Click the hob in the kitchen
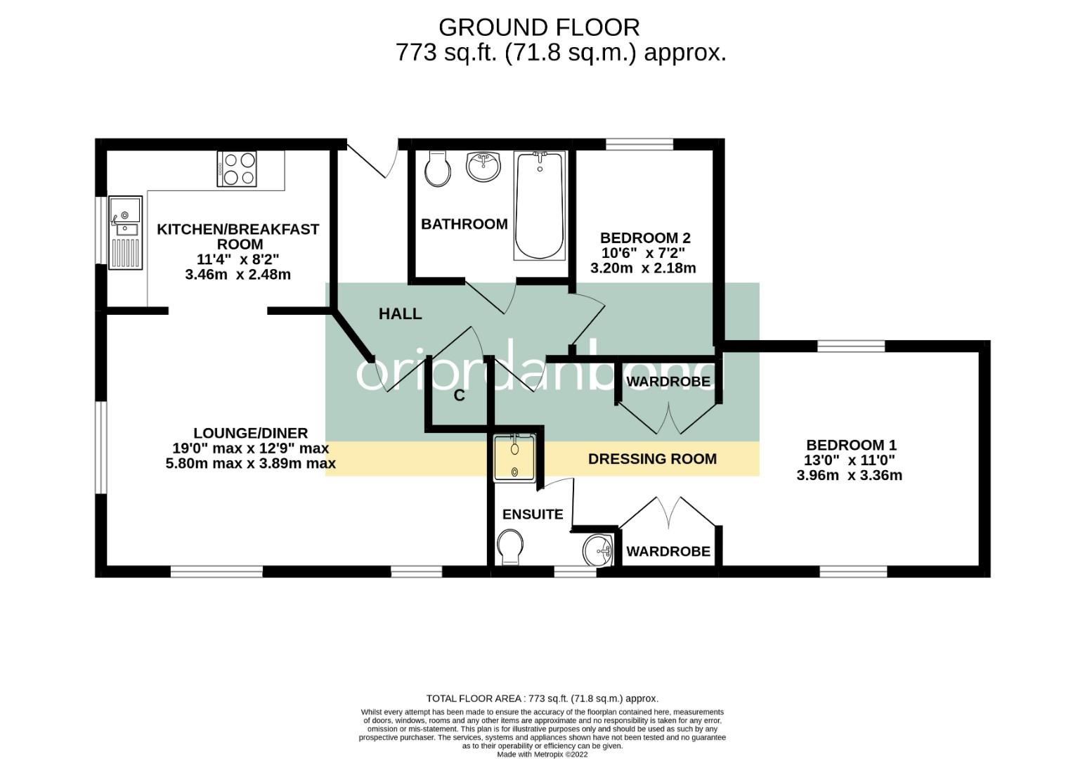tap(236, 169)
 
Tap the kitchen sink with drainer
tap(126, 233)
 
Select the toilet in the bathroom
tap(437, 169)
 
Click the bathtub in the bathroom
tap(540, 206)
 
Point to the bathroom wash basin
tap(483, 167)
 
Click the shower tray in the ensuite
tap(514, 458)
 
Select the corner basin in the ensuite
tap(599, 550)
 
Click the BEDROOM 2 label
tap(645, 238)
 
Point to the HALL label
tap(400, 314)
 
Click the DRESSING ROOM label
tap(652, 459)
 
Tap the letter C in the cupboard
tap(459, 396)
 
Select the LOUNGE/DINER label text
tap(250, 433)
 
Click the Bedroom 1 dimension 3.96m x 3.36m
tap(850, 475)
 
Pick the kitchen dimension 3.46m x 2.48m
tap(238, 275)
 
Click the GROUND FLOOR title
tap(539, 27)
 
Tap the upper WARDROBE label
tap(668, 382)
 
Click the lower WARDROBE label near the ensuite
tap(668, 551)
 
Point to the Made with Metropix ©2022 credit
tap(542, 754)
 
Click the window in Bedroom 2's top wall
tap(639, 144)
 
